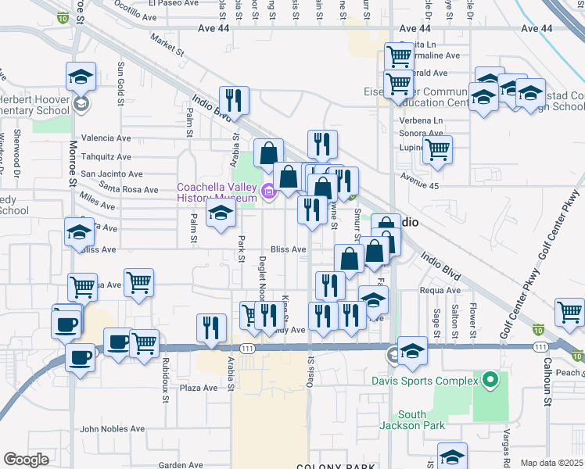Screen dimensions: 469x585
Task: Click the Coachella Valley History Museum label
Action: coord(217,192)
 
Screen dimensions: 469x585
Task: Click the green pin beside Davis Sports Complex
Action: coord(490,381)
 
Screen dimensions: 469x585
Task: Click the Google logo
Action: coord(26,460)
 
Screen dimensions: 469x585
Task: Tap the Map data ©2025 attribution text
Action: coord(551,463)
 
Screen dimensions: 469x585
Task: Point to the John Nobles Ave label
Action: coord(112,428)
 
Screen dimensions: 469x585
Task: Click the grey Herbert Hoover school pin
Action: coord(81,104)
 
